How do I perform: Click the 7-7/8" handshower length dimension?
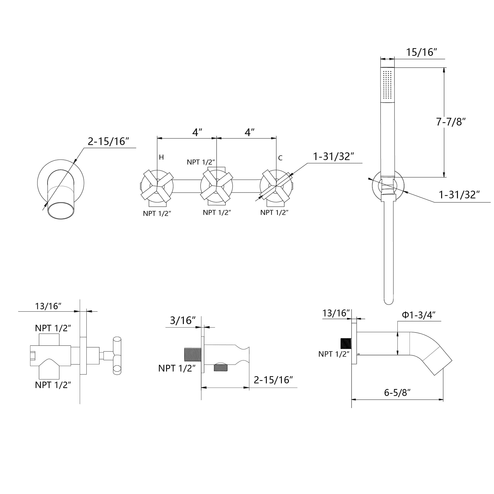click(x=451, y=122)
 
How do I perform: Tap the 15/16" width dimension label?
click(x=421, y=52)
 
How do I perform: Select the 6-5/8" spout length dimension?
click(x=397, y=392)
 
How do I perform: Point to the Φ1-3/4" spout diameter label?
click(x=419, y=315)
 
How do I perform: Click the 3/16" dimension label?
click(x=183, y=320)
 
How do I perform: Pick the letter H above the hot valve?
click(x=161, y=157)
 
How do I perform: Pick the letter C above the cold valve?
click(x=280, y=158)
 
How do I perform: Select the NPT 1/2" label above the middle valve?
click(x=201, y=162)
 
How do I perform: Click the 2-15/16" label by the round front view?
click(x=108, y=141)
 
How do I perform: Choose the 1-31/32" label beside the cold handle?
click(x=333, y=157)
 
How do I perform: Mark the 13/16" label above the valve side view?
click(x=48, y=306)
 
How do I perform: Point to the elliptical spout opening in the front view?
click(x=61, y=211)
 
